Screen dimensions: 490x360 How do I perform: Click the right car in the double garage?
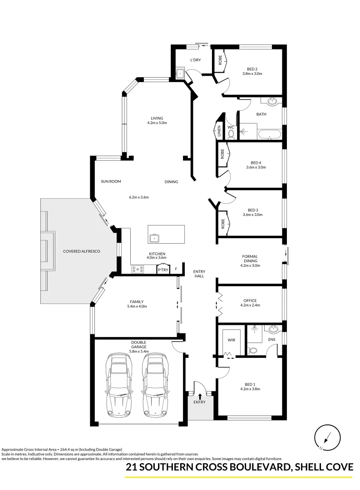point(154,385)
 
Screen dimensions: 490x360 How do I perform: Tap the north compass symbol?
point(327,438)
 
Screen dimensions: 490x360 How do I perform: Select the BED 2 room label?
point(252,69)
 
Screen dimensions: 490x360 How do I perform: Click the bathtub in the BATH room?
point(270,134)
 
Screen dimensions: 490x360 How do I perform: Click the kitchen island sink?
point(154,238)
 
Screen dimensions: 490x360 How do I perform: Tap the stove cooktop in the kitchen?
point(138,269)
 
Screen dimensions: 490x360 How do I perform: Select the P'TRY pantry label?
point(163,270)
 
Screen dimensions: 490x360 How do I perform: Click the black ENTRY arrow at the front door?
point(200,396)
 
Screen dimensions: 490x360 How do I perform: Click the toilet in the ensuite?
point(253,350)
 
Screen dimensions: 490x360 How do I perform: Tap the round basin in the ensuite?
point(273,329)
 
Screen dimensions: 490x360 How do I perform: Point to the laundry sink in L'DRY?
point(180,73)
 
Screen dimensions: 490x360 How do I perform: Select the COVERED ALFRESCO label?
point(82,251)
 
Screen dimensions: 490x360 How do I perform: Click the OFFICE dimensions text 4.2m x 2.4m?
point(250,306)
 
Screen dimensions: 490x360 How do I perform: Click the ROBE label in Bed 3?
point(222,224)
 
